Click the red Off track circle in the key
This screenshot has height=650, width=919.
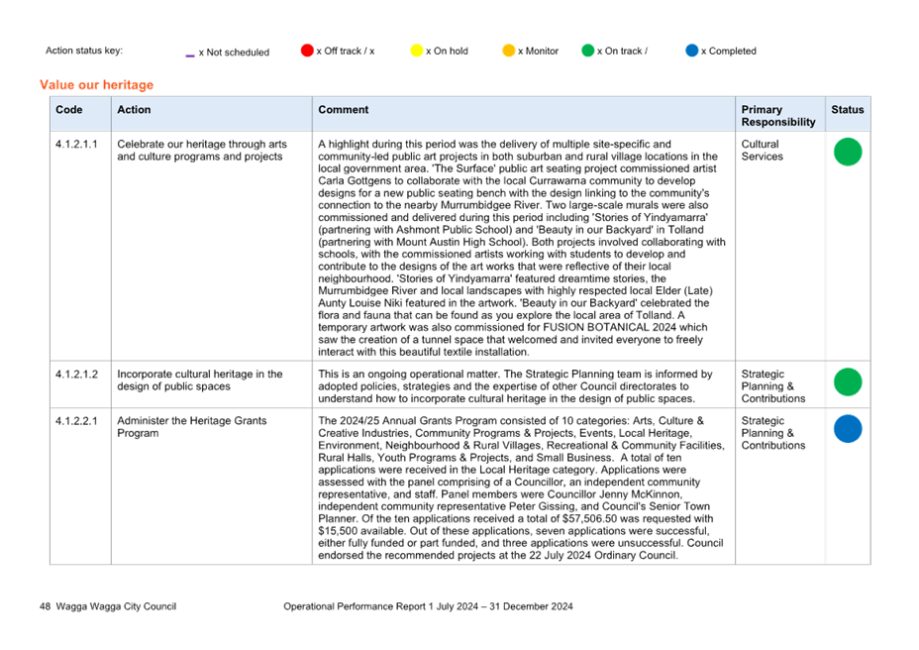(307, 51)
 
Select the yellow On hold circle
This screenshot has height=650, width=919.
(417, 51)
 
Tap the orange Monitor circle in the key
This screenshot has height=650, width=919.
(509, 51)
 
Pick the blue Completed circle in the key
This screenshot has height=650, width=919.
(692, 51)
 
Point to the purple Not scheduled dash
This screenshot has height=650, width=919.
(190, 55)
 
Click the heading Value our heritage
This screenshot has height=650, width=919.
(97, 85)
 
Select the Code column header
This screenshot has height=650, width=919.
(69, 110)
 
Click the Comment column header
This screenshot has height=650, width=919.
(344, 110)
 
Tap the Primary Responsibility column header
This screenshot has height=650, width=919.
(778, 116)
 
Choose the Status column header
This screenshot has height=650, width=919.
(848, 110)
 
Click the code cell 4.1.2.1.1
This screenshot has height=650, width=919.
(77, 144)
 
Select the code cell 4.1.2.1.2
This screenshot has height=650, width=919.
(77, 374)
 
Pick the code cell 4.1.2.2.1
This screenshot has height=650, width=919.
(77, 421)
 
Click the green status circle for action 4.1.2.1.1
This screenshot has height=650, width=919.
(848, 152)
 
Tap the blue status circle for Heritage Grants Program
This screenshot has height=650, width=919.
(848, 429)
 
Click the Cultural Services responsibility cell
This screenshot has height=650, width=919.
(762, 151)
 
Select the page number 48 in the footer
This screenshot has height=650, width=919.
(46, 606)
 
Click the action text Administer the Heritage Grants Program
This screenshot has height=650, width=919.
(192, 427)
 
